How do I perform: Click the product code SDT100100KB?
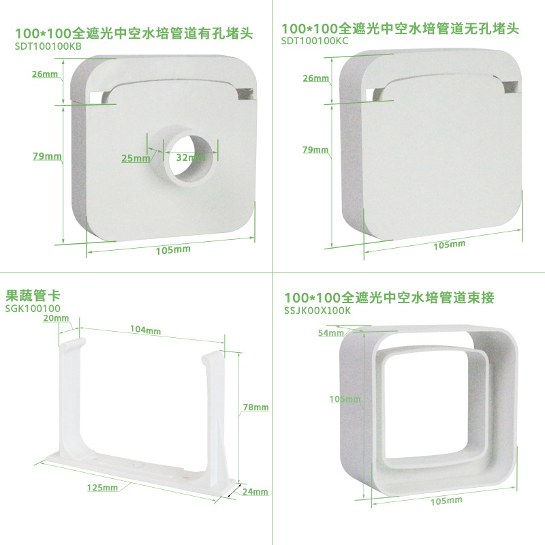click(x=48, y=46)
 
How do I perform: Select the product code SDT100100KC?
click(x=315, y=41)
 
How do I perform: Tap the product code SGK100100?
click(x=33, y=309)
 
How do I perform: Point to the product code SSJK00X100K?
click(x=317, y=311)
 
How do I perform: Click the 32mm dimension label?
click(x=191, y=157)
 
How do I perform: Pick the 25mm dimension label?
click(x=136, y=158)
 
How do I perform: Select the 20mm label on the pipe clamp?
click(x=56, y=318)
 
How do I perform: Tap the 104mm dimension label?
click(x=145, y=330)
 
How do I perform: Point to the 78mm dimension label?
click(x=256, y=407)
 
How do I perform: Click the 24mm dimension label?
click(x=255, y=491)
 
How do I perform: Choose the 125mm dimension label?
click(x=103, y=488)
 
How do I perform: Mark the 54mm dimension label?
click(x=330, y=333)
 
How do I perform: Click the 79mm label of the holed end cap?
click(x=47, y=156)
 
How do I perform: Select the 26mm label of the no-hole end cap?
click(x=315, y=78)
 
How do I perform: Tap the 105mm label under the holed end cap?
click(x=173, y=250)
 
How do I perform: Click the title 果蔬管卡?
click(x=33, y=296)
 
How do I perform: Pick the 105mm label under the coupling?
click(x=446, y=501)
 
